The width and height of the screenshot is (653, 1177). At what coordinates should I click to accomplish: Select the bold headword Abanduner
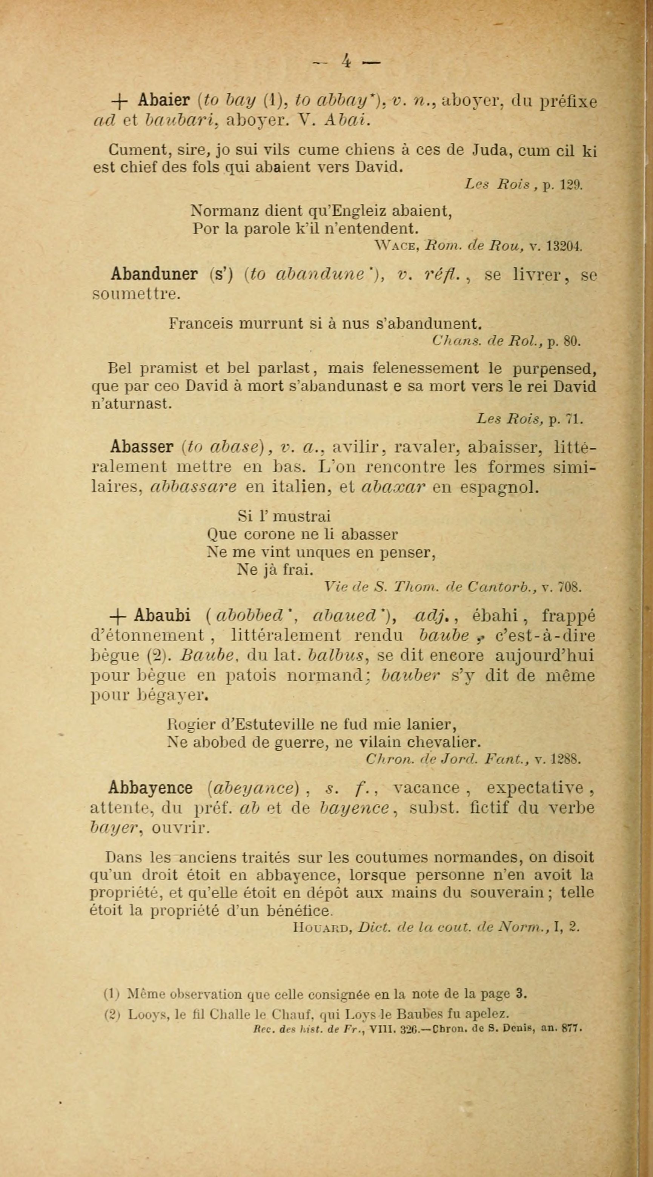154,274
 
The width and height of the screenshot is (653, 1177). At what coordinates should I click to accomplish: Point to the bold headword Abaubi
162,616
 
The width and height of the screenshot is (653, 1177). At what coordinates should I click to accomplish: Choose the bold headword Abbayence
151,788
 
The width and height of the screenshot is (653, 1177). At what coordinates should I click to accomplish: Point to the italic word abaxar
393,487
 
